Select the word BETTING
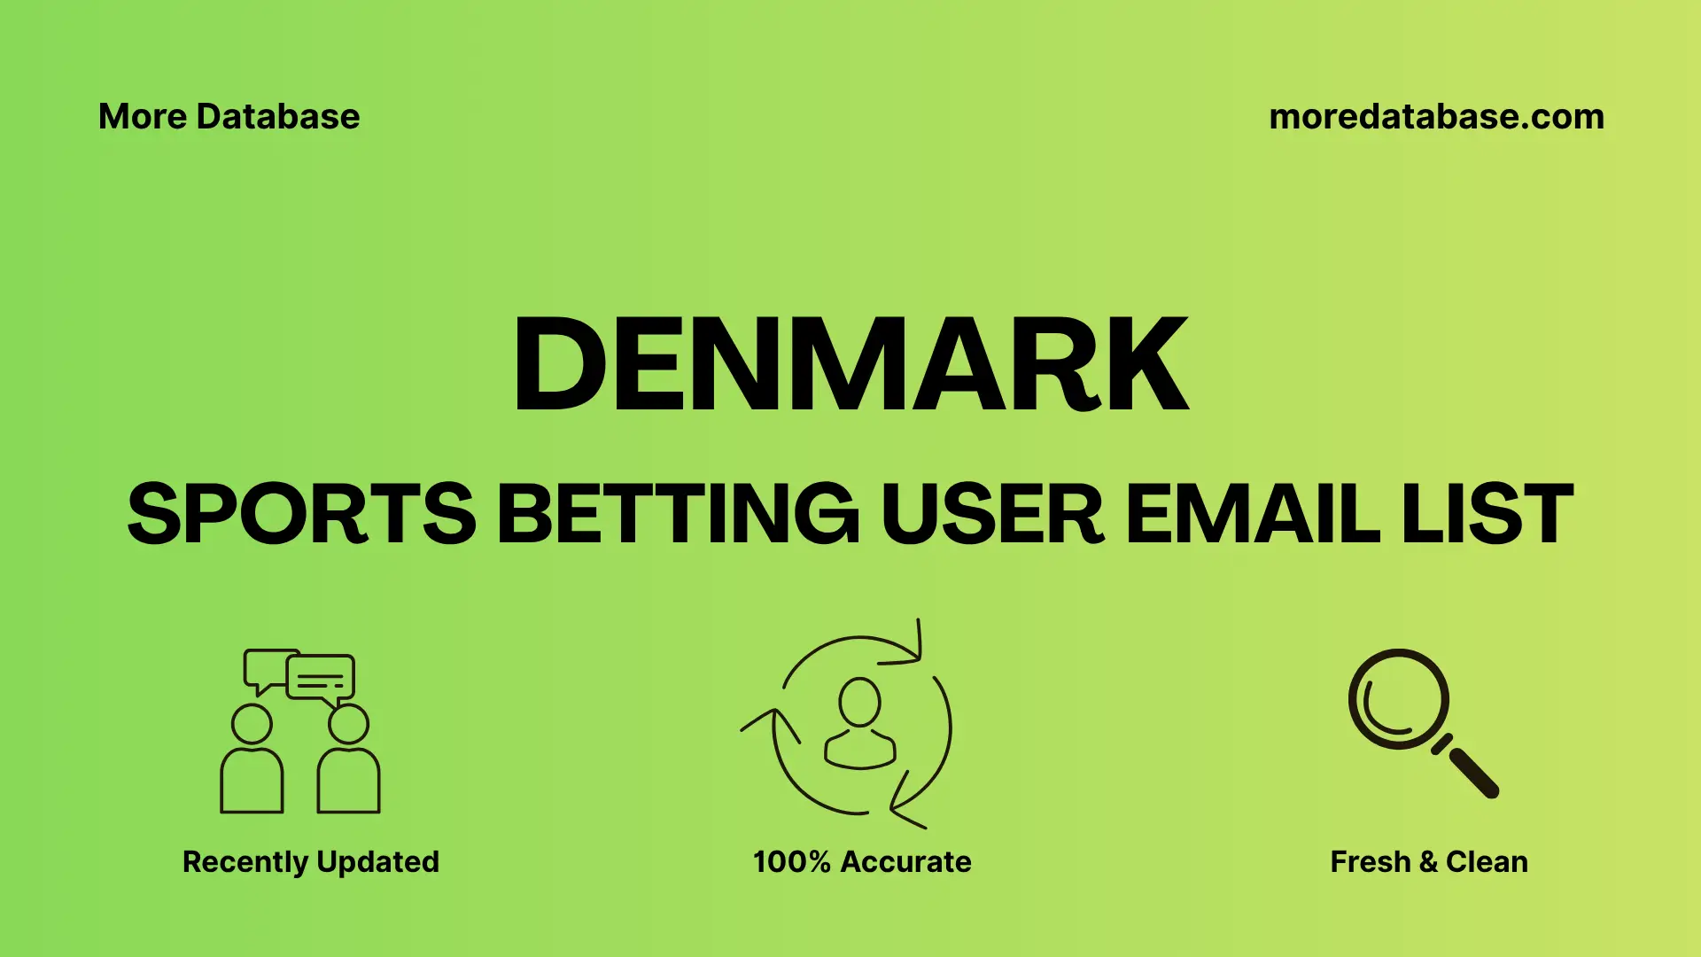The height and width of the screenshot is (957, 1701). click(678, 514)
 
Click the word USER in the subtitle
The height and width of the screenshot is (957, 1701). click(992, 514)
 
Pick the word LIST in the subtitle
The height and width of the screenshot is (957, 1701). click(1487, 514)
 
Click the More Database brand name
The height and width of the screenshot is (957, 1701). click(229, 117)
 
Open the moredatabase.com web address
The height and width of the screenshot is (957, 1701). click(1436, 117)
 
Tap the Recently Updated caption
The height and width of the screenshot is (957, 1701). click(310, 861)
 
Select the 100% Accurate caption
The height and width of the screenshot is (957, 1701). click(862, 861)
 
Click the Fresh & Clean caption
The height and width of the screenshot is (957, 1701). click(1429, 861)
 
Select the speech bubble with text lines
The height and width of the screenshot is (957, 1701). click(321, 679)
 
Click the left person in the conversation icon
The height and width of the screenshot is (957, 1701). click(252, 762)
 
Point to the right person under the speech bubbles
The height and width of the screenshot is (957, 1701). click(348, 762)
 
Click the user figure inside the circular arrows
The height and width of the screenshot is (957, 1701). click(859, 722)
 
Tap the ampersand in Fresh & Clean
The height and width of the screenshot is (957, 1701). click(1427, 861)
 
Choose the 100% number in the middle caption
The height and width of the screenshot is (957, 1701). click(791, 861)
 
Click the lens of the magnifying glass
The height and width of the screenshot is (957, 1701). click(1398, 699)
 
